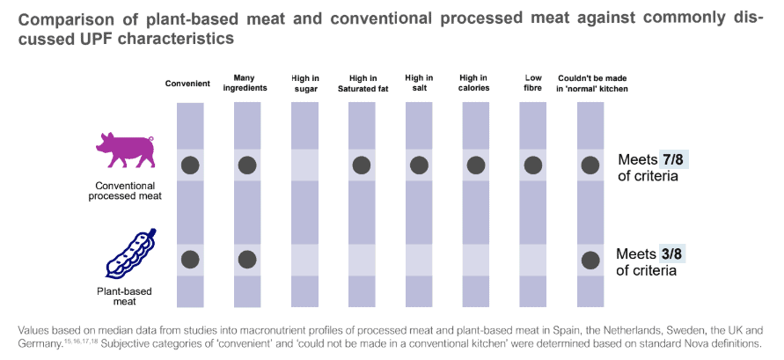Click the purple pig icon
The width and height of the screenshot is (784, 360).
124,151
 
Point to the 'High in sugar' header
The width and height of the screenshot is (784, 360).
304,84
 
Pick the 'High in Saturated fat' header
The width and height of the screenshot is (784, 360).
363,84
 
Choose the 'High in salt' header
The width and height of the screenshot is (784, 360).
419,84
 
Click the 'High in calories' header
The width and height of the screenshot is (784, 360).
475,84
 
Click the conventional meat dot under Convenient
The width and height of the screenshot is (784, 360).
189,165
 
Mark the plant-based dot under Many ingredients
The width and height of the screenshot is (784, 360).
247,259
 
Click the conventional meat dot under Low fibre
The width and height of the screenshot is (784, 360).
532,165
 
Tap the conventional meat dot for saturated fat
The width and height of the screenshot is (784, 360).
361,165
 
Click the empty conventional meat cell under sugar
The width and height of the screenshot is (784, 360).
304,165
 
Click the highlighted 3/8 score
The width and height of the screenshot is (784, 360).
671,253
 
